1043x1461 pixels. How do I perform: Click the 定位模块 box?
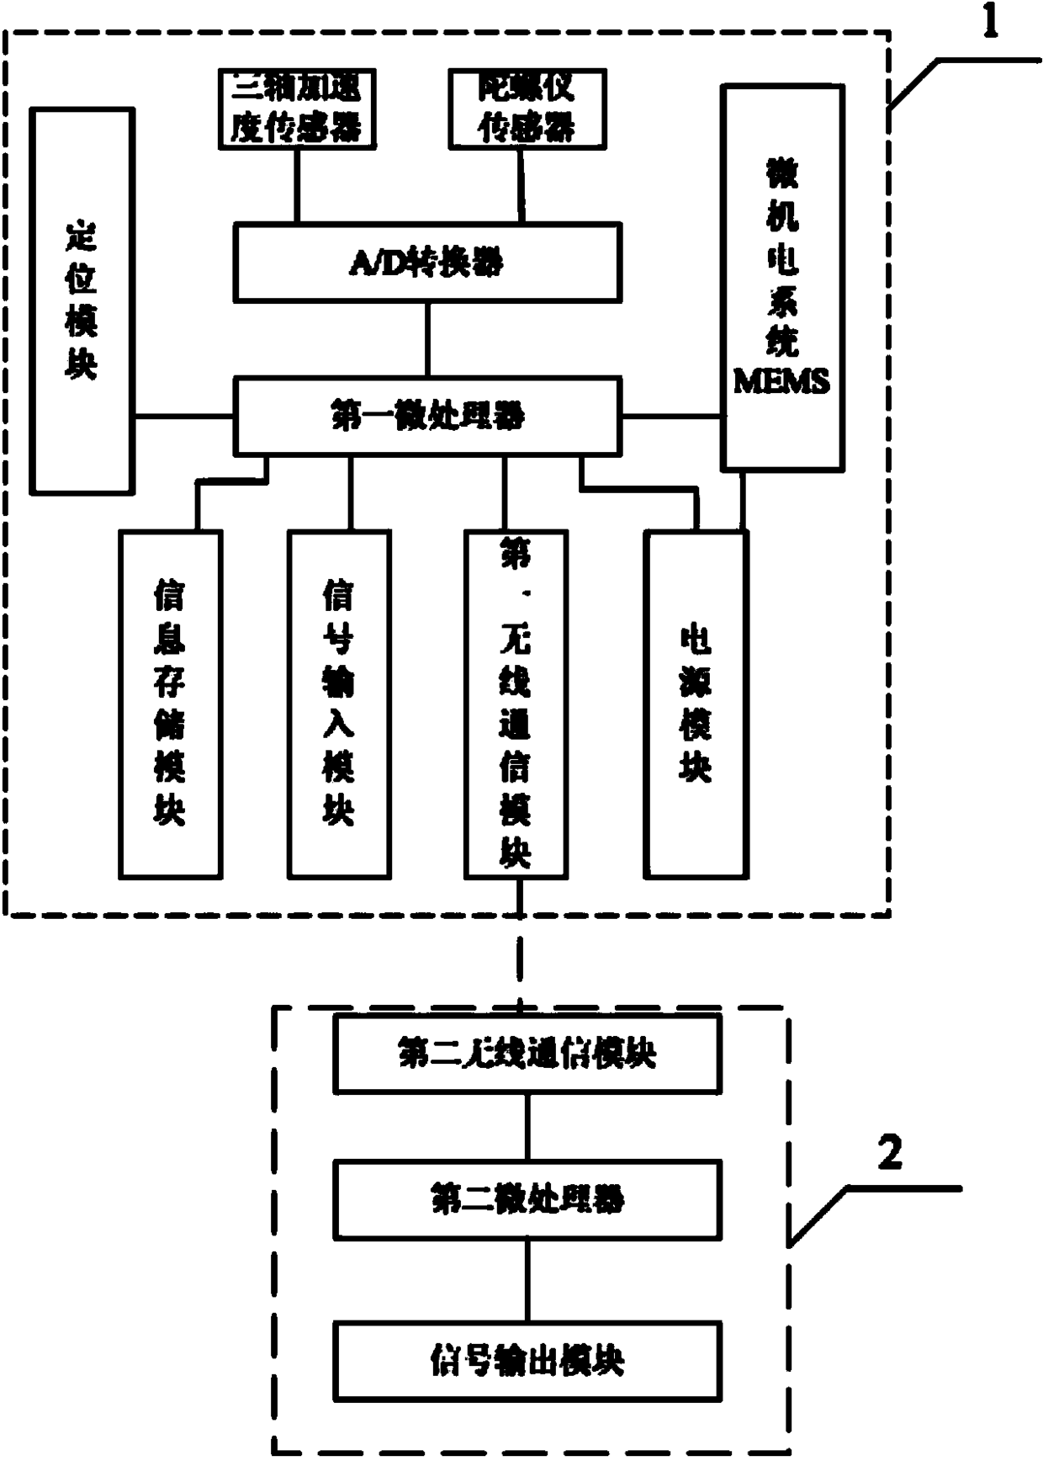point(82,300)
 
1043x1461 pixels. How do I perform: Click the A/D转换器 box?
point(427,263)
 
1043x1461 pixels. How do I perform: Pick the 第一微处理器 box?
point(427,416)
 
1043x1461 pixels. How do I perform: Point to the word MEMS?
point(781,382)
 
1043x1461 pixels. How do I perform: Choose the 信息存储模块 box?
point(171,704)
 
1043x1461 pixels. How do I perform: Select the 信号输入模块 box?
point(339,704)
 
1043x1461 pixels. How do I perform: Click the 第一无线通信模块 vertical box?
point(516,704)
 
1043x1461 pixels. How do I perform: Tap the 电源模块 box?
point(696,704)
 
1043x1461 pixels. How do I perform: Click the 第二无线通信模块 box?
point(527,1054)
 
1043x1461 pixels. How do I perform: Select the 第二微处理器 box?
point(527,1199)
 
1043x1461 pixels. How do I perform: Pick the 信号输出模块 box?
point(527,1361)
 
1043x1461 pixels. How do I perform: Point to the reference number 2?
point(889,1152)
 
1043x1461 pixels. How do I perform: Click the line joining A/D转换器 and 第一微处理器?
point(427,339)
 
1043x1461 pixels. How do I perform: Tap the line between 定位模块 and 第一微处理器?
point(183,416)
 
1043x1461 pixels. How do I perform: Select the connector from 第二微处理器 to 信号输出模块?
point(527,1280)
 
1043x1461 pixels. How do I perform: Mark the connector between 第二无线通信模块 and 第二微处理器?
point(527,1127)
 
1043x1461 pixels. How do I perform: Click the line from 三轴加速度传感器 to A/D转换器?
point(296,186)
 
